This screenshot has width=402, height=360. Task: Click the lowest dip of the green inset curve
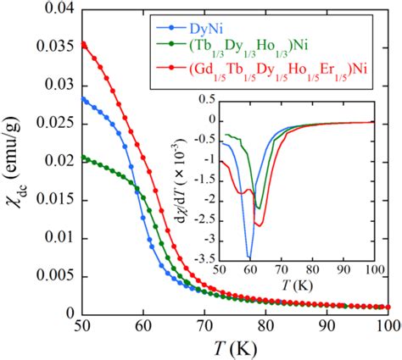coord(257,208)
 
